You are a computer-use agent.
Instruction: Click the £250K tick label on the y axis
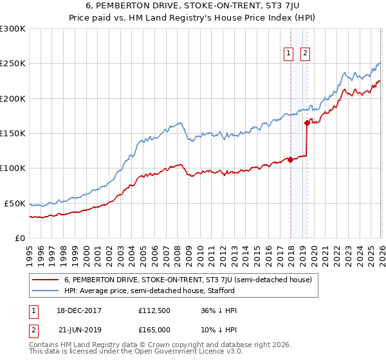click(13, 64)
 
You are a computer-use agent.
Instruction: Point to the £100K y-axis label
click(13, 168)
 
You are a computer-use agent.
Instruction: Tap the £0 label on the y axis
click(19, 238)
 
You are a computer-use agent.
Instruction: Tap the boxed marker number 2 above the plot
click(305, 53)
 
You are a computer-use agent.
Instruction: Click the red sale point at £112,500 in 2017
click(290, 159)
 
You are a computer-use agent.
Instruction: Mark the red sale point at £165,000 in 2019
click(308, 123)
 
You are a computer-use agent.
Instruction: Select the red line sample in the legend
click(46, 280)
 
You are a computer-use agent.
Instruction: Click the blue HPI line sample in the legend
click(46, 291)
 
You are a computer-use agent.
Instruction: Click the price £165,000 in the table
click(154, 329)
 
